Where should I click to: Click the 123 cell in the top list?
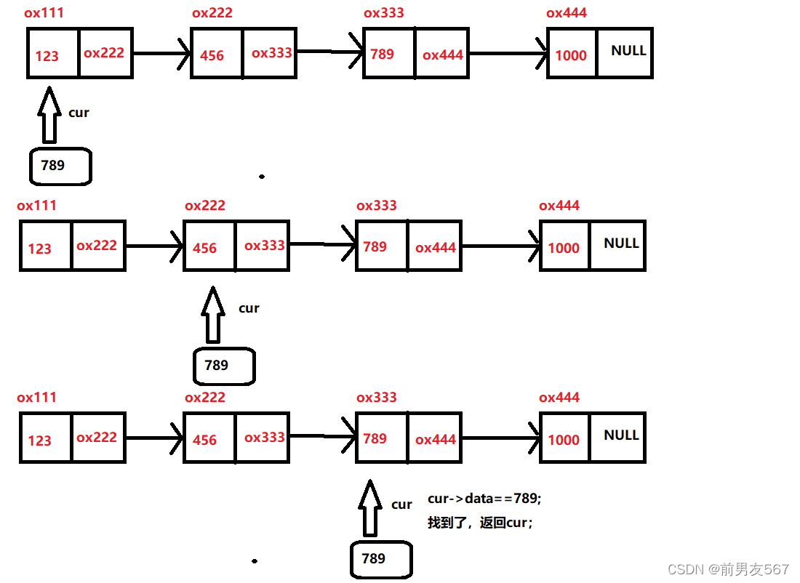point(52,53)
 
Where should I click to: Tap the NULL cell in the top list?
point(625,52)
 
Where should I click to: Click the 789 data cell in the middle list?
point(381,246)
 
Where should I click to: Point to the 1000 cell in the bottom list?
point(564,438)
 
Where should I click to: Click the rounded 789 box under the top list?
point(60,166)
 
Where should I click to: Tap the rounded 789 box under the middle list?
point(224,366)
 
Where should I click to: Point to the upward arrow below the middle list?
point(212,314)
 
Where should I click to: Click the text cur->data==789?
point(484,499)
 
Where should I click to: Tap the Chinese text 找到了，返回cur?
point(480,522)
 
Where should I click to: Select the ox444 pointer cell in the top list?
point(442,54)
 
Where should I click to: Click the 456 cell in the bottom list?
point(209,438)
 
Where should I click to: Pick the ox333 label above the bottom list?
point(377,398)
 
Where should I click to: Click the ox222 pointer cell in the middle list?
point(99,246)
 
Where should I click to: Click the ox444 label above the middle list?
point(559,206)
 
